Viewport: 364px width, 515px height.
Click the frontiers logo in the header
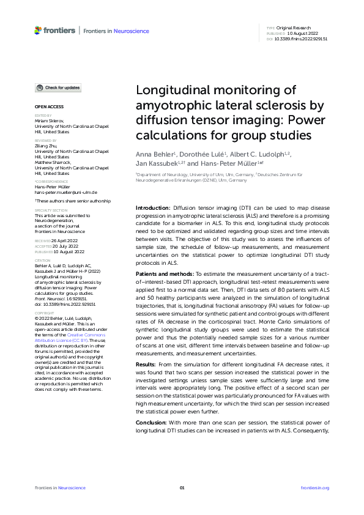[x=55, y=30]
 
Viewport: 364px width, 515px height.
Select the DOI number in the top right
[x=302, y=39]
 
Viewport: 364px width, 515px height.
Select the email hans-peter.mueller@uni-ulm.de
[x=66, y=192]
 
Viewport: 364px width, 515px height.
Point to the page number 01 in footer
[x=182, y=487]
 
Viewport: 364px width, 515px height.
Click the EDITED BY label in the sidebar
[x=43, y=115]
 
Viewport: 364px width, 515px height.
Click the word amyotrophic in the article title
[x=171, y=105]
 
